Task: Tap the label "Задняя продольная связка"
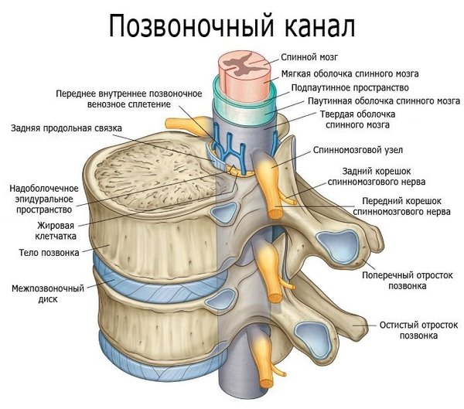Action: click(67, 128)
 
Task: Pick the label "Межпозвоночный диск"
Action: click(46, 294)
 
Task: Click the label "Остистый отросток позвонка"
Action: click(409, 331)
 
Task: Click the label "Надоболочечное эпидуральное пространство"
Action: click(43, 199)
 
